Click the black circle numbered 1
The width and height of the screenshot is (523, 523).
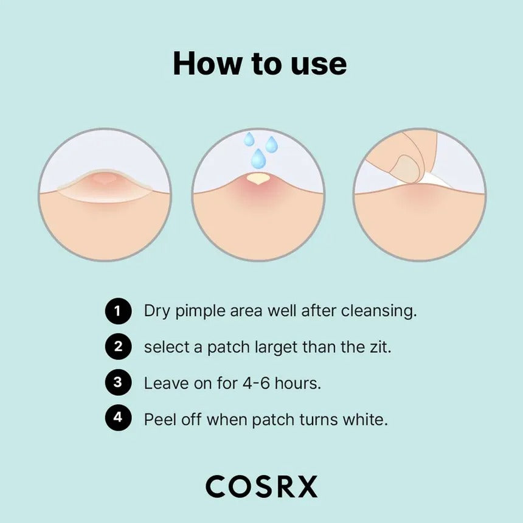pyautogui.click(x=118, y=312)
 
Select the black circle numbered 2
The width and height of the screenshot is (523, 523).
pyautogui.click(x=118, y=347)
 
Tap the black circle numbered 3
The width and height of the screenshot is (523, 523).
pyautogui.click(x=118, y=383)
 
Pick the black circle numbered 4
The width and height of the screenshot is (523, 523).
pyautogui.click(x=118, y=419)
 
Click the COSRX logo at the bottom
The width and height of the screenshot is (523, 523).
pyautogui.click(x=261, y=487)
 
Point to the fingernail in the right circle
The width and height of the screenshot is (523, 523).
pyautogui.click(x=406, y=168)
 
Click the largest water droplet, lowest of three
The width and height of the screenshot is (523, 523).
pyautogui.click(x=258, y=159)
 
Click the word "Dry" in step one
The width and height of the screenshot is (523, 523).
pyautogui.click(x=156, y=312)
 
